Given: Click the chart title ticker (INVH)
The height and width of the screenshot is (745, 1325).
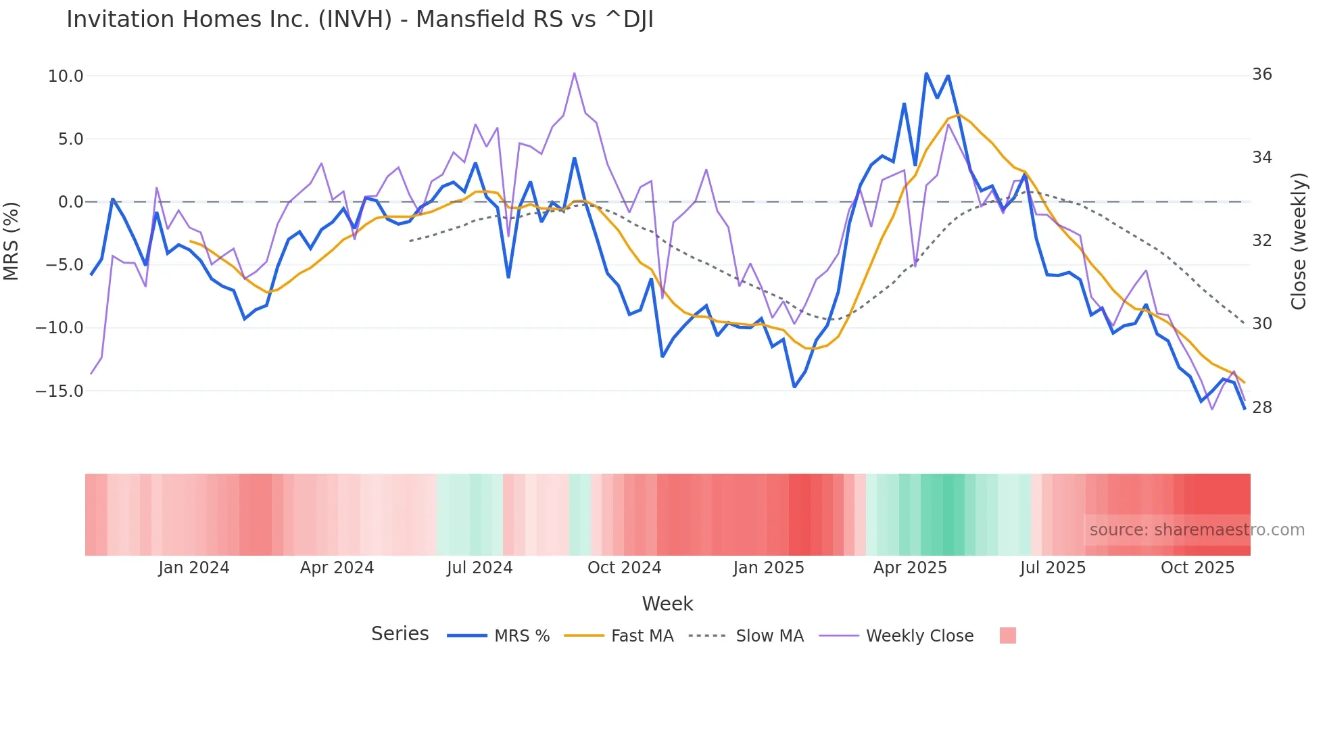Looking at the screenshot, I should [355, 20].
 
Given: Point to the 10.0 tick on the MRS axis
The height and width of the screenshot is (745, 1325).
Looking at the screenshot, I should [65, 76].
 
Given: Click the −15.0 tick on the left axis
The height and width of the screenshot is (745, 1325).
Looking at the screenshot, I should [59, 391].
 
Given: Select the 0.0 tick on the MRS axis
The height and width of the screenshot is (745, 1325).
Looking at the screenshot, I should [70, 202].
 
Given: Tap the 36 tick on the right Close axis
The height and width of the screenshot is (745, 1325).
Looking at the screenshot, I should [1261, 74].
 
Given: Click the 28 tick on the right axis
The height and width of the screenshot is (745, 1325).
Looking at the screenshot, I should [1261, 408].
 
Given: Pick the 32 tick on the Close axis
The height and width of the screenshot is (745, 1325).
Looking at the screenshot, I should [1261, 241].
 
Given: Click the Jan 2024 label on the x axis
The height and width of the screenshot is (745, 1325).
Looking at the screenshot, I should [194, 568].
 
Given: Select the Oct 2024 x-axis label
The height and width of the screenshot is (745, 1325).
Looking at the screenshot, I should [624, 568].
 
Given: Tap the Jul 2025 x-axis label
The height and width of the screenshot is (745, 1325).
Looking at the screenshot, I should [1053, 568].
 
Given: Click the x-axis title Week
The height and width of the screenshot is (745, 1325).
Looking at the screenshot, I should [667, 604].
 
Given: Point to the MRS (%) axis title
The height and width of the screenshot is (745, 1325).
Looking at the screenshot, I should [11, 241].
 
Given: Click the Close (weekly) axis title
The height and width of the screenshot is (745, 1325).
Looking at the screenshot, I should [1299, 241].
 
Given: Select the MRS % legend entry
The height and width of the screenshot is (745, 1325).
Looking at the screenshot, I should [521, 636].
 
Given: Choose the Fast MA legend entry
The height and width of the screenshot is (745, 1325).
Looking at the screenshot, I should [642, 636].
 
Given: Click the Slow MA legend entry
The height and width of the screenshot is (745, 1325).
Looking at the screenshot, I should [769, 636].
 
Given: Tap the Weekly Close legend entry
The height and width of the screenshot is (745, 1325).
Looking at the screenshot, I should [919, 636].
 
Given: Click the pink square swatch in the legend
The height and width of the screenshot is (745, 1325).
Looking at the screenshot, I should [1007, 635].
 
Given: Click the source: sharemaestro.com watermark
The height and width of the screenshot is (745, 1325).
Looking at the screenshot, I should [1197, 530].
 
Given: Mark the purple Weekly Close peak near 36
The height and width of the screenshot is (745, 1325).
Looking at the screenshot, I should [575, 74].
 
